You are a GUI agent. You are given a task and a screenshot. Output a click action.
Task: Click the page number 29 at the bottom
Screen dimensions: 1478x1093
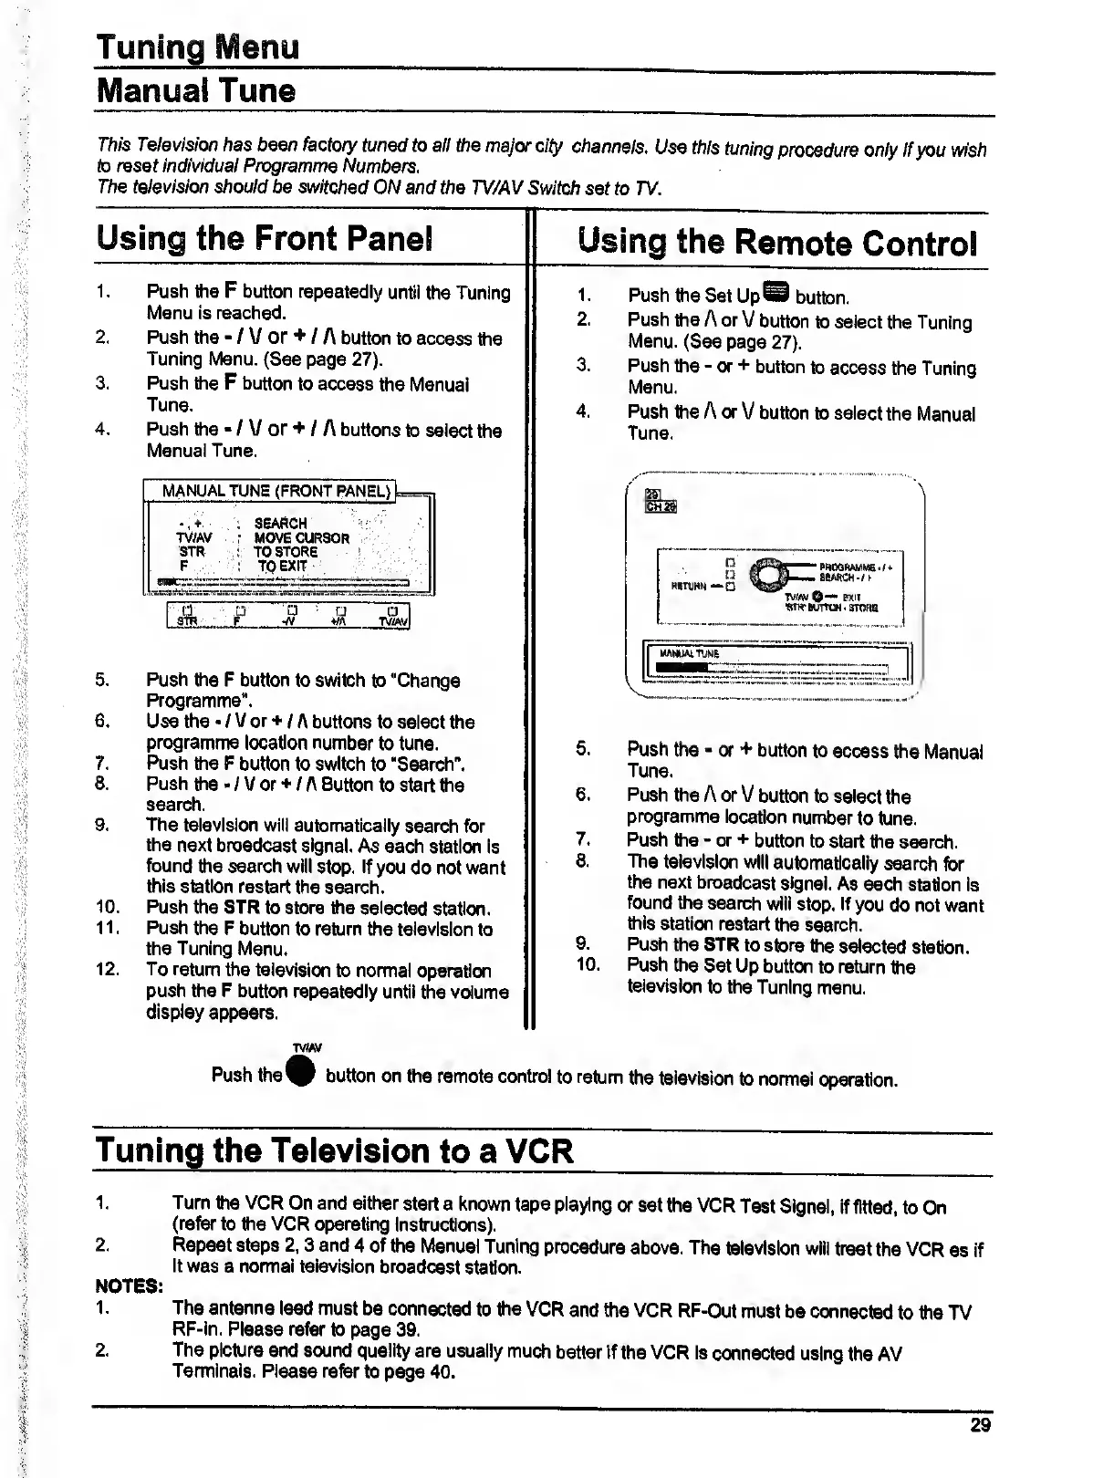[x=980, y=1425]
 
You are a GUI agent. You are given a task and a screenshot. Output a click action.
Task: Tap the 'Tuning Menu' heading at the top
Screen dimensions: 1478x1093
[x=198, y=47]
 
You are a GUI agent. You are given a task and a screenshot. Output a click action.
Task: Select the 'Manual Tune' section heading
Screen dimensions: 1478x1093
[x=196, y=91]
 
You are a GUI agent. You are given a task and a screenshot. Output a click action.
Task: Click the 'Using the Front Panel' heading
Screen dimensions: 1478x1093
[x=265, y=239]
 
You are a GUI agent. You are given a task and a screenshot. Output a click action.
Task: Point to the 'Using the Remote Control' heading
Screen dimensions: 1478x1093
[x=777, y=243]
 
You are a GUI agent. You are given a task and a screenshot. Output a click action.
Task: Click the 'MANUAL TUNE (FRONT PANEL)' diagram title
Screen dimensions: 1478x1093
[x=276, y=491]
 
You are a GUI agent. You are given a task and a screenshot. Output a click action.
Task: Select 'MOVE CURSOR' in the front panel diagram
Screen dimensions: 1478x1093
[x=301, y=538]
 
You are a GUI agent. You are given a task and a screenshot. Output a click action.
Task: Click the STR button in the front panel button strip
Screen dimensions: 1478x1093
[x=187, y=618]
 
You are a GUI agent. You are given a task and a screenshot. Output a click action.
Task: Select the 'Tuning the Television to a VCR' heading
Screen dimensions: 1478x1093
[x=334, y=1150]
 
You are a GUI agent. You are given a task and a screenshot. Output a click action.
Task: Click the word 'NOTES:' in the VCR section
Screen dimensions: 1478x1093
[x=130, y=1286]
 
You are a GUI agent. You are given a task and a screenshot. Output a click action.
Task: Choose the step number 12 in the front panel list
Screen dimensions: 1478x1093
[x=107, y=969]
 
